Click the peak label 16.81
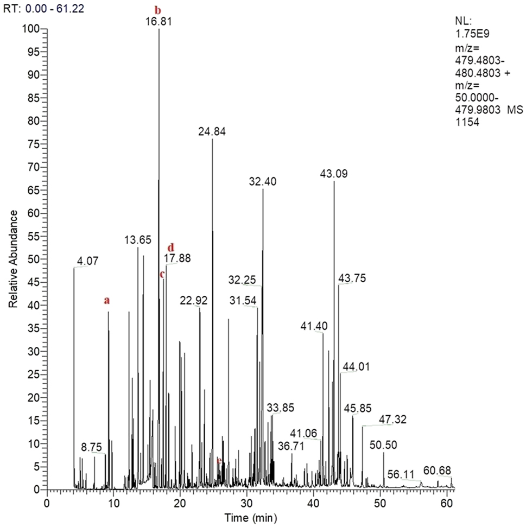coord(159,22)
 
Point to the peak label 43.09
coord(333,174)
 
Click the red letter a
coord(107,300)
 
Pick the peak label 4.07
coord(88,261)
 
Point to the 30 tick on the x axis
coord(247,500)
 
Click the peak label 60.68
coord(438,470)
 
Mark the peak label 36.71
coord(291,446)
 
